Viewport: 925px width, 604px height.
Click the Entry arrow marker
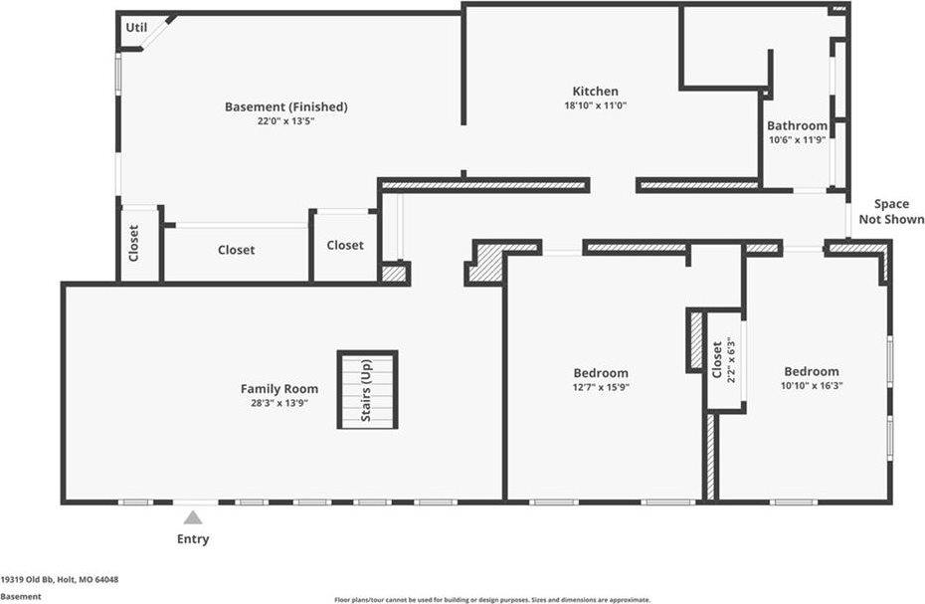point(193,517)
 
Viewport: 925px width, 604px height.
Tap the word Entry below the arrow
point(193,539)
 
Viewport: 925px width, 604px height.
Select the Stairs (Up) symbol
point(367,389)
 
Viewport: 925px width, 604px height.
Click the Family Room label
point(279,389)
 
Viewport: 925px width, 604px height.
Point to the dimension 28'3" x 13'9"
point(279,402)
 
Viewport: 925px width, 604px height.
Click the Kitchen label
point(595,92)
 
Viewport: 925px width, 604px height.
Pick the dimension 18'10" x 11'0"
point(595,104)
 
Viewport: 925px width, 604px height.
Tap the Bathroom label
point(797,126)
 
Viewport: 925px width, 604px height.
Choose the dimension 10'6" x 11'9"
point(797,140)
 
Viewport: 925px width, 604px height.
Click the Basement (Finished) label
point(285,107)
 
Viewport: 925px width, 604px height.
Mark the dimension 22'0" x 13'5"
point(285,120)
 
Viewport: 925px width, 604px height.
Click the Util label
point(136,28)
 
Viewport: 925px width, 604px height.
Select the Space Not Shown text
point(891,212)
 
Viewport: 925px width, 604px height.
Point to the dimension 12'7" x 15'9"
point(601,387)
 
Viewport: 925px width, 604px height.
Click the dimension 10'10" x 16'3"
point(811,385)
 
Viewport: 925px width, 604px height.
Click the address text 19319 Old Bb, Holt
point(60,579)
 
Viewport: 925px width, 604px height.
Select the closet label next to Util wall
point(133,244)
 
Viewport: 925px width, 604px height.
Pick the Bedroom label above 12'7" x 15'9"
point(601,373)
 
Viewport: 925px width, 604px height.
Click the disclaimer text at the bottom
point(492,600)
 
